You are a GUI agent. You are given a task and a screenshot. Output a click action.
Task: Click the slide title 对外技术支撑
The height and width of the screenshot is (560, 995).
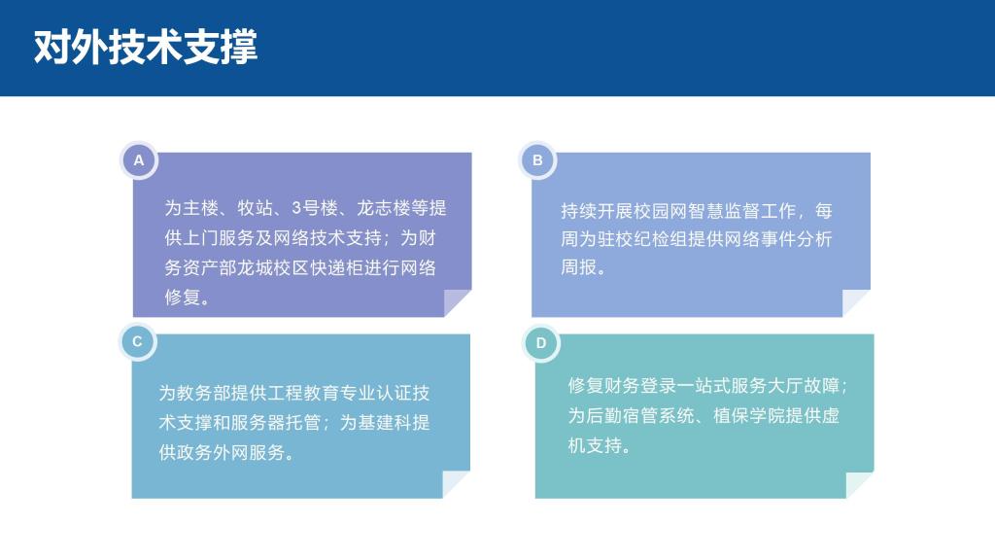[x=146, y=47]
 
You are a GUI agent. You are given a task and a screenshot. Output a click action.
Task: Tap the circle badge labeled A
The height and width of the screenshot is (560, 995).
[x=138, y=160]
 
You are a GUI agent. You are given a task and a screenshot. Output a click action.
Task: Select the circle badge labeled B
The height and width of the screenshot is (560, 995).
[x=537, y=160]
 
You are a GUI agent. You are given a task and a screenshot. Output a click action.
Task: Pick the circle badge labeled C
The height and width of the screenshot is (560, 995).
[x=137, y=341]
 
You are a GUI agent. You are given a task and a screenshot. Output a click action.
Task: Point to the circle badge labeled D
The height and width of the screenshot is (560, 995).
[x=540, y=343]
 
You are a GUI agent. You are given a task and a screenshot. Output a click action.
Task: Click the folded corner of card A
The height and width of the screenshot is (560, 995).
[x=455, y=302]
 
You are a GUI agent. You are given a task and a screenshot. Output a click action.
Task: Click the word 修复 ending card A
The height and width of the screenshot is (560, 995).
[x=183, y=297]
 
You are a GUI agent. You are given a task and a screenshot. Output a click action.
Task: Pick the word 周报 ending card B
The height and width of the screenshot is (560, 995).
[x=579, y=267]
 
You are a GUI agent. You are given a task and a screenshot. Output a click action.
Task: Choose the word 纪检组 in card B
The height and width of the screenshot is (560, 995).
[x=661, y=239]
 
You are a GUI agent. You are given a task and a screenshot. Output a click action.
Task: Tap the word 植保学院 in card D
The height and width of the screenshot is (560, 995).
[x=749, y=415]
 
